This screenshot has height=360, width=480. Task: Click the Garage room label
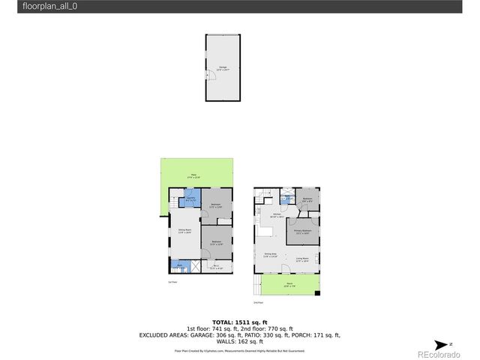223,67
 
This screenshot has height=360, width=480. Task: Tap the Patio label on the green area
193,175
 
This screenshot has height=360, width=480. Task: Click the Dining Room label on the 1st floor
184,231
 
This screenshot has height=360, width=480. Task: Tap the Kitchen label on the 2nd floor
277,215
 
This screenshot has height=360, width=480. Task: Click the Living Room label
302,259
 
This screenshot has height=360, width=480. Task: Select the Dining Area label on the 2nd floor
270,256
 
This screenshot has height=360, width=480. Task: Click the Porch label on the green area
289,283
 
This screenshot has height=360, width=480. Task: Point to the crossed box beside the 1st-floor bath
196,265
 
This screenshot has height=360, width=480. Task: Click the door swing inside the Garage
208,76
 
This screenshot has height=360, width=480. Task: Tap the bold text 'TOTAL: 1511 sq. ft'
239,320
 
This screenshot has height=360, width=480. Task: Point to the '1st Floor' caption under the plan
172,282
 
